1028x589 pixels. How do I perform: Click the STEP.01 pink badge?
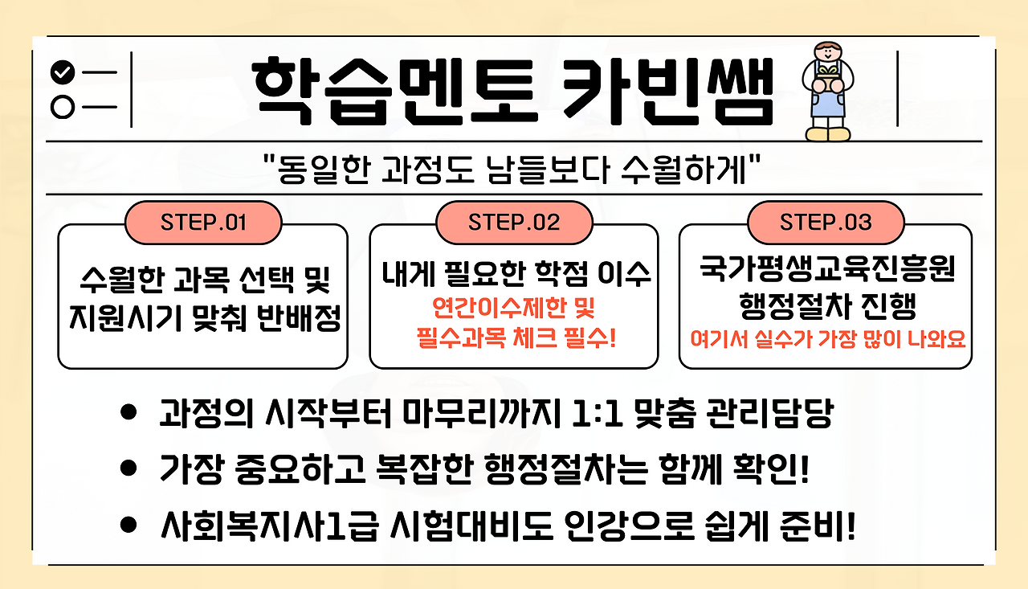203,222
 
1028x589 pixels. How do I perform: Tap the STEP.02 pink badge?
514,222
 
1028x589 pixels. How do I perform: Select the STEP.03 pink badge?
826,222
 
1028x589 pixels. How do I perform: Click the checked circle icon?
62,73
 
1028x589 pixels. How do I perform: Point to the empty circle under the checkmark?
62,107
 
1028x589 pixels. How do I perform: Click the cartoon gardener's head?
827,53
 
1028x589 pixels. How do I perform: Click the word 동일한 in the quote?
316,168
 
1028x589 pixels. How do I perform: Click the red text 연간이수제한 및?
514,309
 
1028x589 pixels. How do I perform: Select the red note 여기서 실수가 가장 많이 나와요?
826,338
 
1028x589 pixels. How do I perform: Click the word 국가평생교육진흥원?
826,270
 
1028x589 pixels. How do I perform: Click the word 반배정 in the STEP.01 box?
299,320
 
